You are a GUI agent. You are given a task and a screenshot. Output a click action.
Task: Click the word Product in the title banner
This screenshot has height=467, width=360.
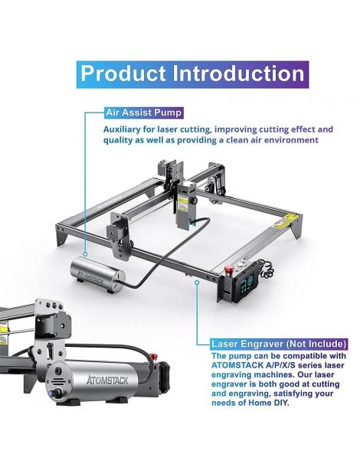point(123,73)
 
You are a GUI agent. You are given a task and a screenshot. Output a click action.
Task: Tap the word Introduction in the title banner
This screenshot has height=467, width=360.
point(239,73)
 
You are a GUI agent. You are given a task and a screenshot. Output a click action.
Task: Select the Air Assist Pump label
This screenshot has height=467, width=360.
point(144,113)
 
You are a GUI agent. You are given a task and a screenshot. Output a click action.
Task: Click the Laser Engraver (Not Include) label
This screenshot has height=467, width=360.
point(279,344)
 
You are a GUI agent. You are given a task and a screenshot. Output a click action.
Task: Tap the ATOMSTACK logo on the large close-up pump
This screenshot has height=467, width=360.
point(107,380)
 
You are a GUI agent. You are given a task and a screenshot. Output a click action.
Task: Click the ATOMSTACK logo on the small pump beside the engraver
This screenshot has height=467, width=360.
point(90,277)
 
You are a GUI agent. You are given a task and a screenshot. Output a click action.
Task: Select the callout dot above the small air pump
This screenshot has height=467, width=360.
point(85,254)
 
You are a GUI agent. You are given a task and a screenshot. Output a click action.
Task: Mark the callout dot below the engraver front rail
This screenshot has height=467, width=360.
point(197,282)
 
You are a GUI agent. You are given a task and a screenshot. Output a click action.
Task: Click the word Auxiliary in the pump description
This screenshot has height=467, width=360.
point(122,129)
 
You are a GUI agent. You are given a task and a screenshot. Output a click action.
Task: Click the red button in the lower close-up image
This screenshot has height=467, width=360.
point(154,357)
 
